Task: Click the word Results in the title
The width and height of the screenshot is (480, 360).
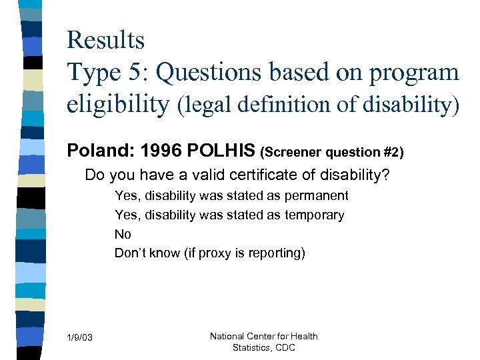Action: (105, 40)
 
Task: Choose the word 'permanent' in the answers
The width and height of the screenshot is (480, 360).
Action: (316, 196)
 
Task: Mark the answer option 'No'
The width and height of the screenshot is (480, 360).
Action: (123, 234)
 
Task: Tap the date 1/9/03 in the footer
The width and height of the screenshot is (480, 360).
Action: (80, 339)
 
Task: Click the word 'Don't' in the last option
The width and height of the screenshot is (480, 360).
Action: (129, 253)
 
